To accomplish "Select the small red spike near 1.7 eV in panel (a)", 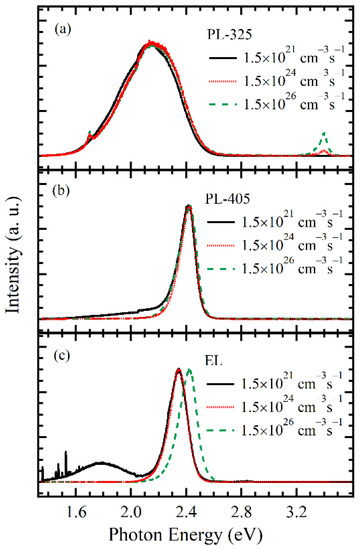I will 90,133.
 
